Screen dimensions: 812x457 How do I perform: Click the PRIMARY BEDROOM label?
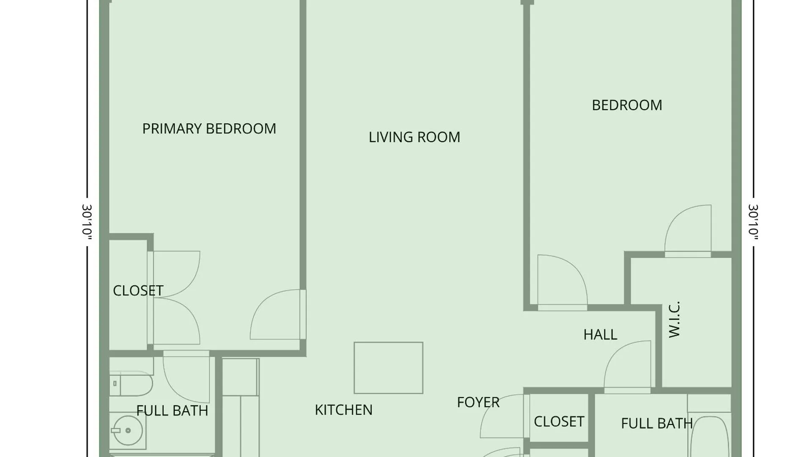tap(209, 129)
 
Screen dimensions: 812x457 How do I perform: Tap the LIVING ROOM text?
tap(414, 137)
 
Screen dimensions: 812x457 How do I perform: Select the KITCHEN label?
tap(343, 410)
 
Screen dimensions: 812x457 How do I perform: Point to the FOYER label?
tap(478, 402)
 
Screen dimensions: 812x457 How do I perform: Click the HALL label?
tap(600, 335)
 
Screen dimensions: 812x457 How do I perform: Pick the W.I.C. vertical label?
tap(674, 319)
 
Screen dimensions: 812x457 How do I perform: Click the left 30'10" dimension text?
tap(87, 223)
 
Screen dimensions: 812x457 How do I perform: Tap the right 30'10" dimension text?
tap(753, 223)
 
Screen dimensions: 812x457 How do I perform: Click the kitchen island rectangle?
tap(388, 368)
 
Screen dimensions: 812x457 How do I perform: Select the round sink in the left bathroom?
tap(128, 431)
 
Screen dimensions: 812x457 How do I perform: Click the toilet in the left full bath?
tap(130, 384)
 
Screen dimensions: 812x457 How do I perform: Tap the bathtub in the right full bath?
tap(709, 436)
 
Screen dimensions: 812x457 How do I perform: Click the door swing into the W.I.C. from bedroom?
tap(688, 231)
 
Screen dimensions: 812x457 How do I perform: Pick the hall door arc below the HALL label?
tap(627, 366)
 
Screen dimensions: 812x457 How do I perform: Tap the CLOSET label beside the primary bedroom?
tap(138, 291)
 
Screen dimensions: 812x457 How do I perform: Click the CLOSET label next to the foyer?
tap(559, 421)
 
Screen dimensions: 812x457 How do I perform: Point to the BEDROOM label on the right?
tap(627, 105)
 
